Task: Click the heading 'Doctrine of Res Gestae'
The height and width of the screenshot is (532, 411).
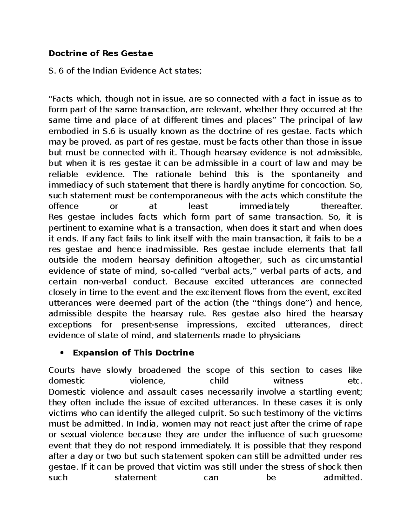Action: [101, 53]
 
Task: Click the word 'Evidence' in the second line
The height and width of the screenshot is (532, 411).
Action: [140, 71]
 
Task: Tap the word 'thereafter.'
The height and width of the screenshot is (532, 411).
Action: [341, 206]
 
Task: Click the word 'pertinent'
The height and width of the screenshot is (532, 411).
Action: [66, 228]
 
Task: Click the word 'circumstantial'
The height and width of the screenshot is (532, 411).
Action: [337, 260]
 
